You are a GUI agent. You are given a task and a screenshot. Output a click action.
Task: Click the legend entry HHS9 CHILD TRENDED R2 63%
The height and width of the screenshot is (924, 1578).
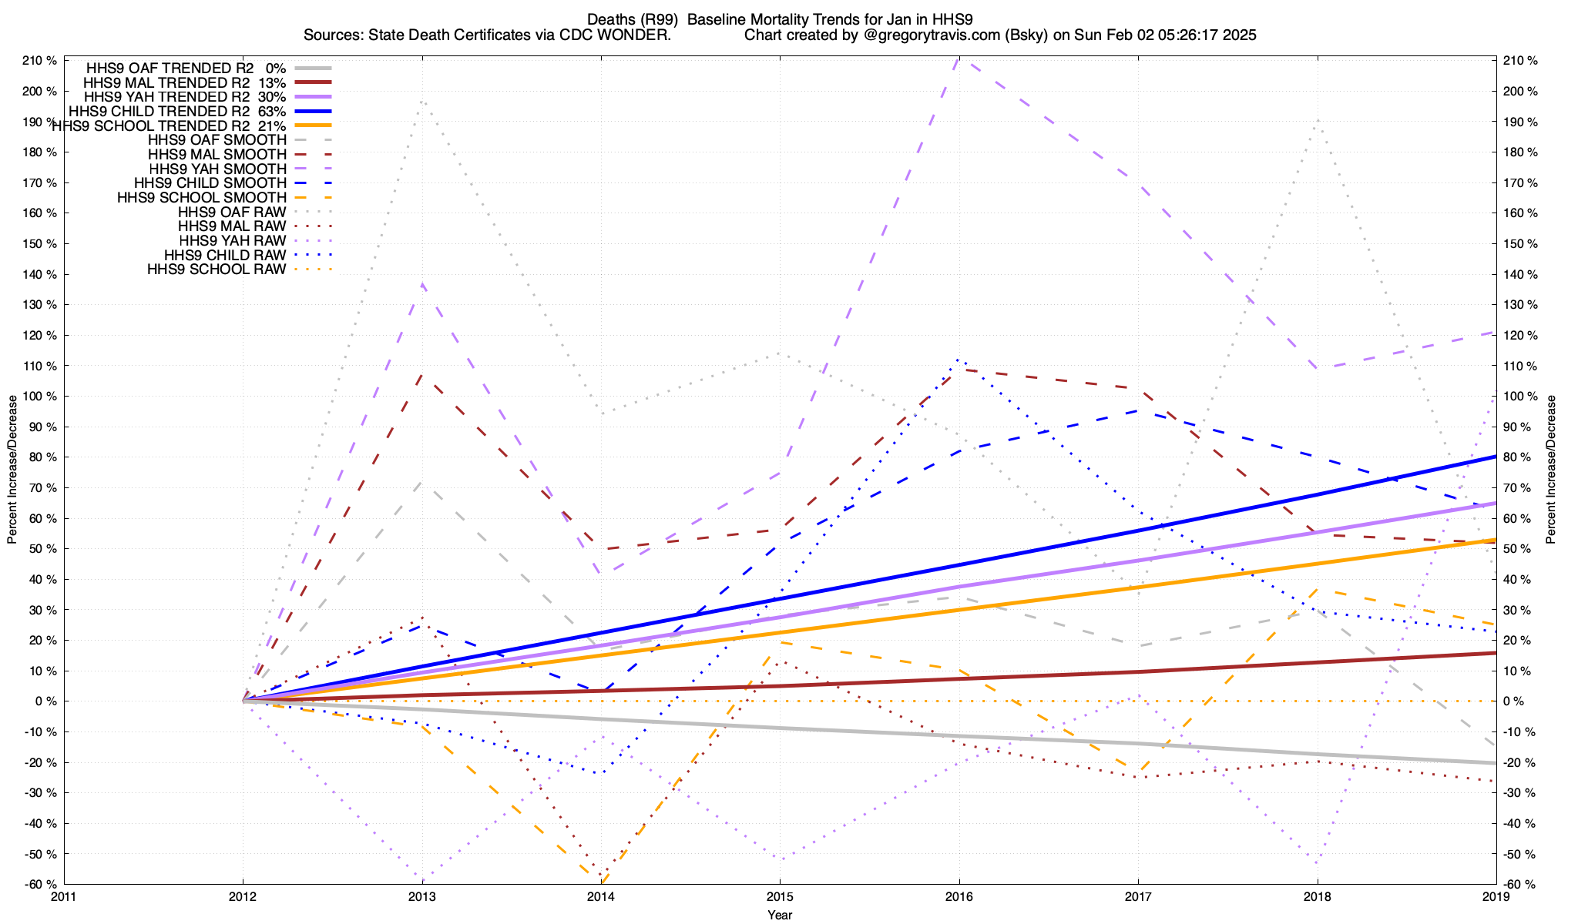[185, 112]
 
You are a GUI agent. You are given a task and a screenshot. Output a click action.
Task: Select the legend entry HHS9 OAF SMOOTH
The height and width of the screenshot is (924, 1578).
[217, 140]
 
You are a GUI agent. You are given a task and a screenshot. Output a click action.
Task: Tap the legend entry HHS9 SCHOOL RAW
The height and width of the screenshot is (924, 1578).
[217, 269]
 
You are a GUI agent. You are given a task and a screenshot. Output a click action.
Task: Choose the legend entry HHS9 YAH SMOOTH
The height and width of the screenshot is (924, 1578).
[218, 169]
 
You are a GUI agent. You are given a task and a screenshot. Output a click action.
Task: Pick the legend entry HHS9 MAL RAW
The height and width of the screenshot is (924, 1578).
[232, 226]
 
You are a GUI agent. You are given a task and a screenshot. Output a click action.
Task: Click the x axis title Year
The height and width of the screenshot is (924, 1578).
[780, 915]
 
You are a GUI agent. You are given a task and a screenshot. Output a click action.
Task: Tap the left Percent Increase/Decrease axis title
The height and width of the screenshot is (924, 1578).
[12, 470]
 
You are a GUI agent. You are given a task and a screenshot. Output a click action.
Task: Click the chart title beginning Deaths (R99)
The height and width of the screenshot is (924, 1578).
[780, 19]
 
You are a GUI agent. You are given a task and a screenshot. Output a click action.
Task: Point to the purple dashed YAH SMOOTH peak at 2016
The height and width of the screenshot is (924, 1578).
[958, 59]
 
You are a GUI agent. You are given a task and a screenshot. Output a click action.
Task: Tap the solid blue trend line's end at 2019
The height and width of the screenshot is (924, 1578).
[1495, 457]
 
